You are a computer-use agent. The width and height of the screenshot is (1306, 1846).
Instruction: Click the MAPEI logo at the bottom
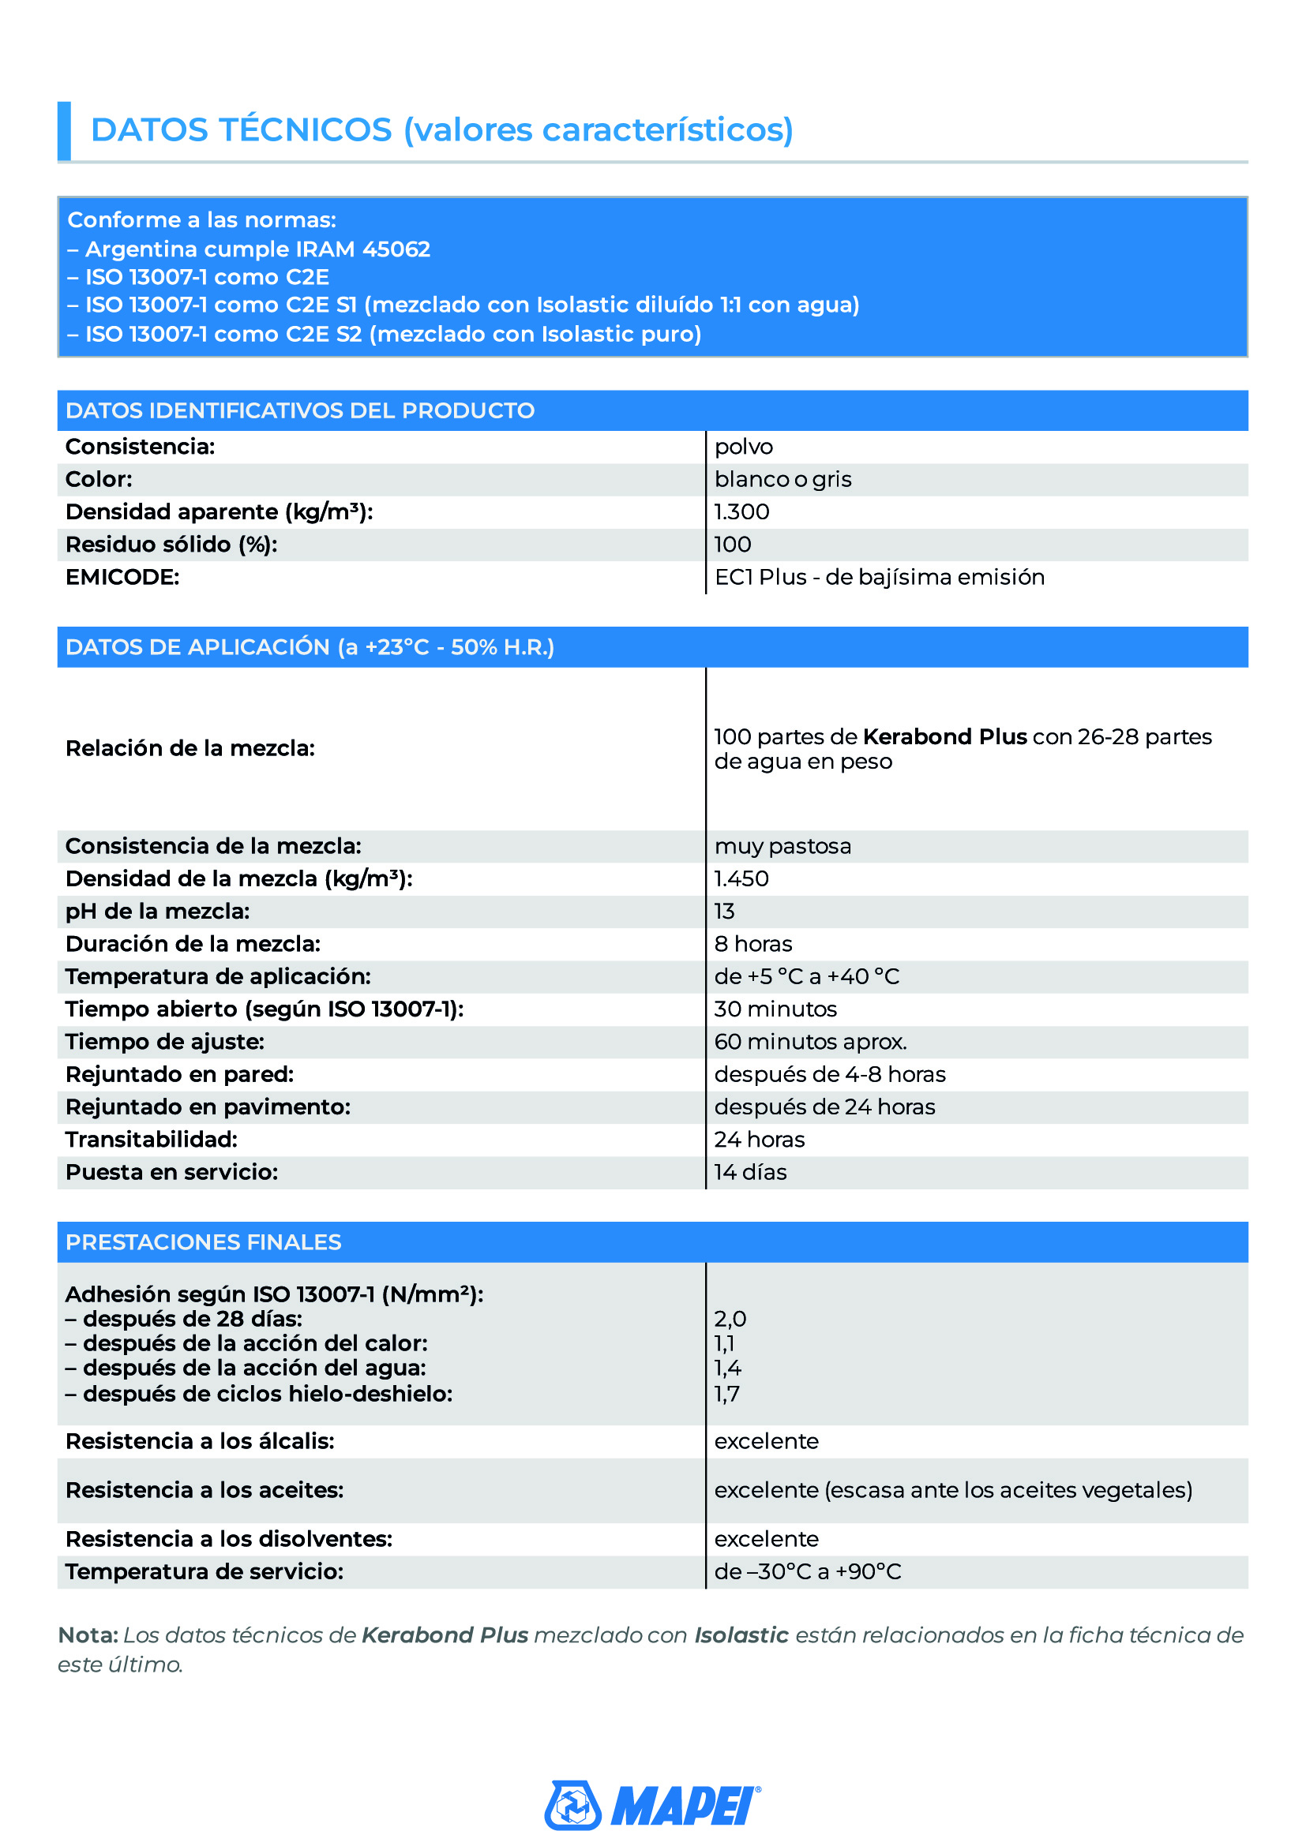[x=652, y=1806]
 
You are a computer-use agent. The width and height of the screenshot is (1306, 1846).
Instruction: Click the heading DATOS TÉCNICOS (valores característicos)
[x=441, y=130]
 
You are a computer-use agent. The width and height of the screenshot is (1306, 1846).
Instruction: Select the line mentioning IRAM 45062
[x=257, y=249]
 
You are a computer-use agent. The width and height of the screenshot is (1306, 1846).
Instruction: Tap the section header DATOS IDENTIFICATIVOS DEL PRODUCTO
[x=300, y=411]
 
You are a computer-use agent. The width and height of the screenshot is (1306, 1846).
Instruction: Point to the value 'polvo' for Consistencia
[x=743, y=447]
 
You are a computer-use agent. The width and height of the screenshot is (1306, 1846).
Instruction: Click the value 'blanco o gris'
[x=782, y=480]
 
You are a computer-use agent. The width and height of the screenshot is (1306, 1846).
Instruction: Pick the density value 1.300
[x=741, y=512]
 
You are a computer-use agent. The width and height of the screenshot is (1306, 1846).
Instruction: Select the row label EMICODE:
[x=122, y=577]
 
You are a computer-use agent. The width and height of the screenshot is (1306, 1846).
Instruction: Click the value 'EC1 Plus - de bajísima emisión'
[x=879, y=577]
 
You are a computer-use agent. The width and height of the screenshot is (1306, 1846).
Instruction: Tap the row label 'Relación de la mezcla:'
[x=190, y=748]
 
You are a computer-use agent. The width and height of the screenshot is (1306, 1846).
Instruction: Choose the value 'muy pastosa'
[x=782, y=847]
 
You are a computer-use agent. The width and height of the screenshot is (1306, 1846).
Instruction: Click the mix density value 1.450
[x=741, y=878]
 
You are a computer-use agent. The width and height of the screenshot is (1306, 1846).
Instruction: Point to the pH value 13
[x=724, y=912]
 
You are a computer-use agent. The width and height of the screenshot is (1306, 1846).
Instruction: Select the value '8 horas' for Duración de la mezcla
[x=752, y=944]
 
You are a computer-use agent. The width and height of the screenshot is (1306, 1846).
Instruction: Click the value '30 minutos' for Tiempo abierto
[x=775, y=1009]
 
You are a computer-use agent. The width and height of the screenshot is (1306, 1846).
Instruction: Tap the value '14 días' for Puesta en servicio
[x=750, y=1172]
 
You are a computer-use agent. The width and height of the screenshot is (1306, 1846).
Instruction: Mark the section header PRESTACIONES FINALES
[x=204, y=1242]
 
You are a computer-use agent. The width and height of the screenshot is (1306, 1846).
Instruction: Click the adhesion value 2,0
[x=730, y=1319]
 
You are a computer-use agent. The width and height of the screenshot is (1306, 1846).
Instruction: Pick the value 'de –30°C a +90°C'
[x=808, y=1572]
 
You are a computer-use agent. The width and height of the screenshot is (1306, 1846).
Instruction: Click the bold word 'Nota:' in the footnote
[x=88, y=1635]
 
